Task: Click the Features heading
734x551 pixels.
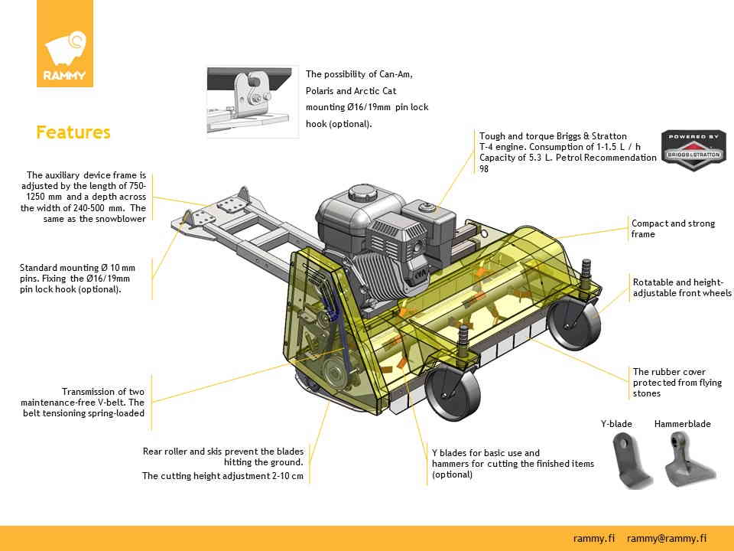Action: pyautogui.click(x=73, y=132)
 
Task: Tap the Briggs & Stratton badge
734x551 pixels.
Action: pyautogui.click(x=693, y=150)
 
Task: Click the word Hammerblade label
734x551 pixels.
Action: pyautogui.click(x=682, y=423)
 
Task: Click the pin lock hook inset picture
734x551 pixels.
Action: pyautogui.click(x=252, y=102)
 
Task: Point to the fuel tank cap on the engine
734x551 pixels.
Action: pyautogui.click(x=427, y=204)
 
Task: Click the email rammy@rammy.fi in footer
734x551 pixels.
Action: pyautogui.click(x=666, y=538)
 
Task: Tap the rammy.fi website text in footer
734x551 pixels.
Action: pyautogui.click(x=594, y=538)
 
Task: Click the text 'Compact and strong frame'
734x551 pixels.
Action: pyautogui.click(x=673, y=229)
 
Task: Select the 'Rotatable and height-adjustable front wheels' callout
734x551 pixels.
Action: pyautogui.click(x=681, y=288)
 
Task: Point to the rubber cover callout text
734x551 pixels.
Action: pyautogui.click(x=677, y=383)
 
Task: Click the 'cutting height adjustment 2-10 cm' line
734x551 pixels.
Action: pyautogui.click(x=222, y=475)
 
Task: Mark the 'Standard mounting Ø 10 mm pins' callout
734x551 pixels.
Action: pyautogui.click(x=77, y=279)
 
